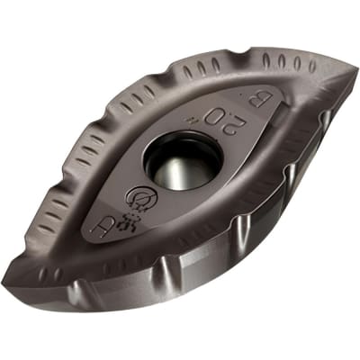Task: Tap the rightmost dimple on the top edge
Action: pos(311,66)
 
